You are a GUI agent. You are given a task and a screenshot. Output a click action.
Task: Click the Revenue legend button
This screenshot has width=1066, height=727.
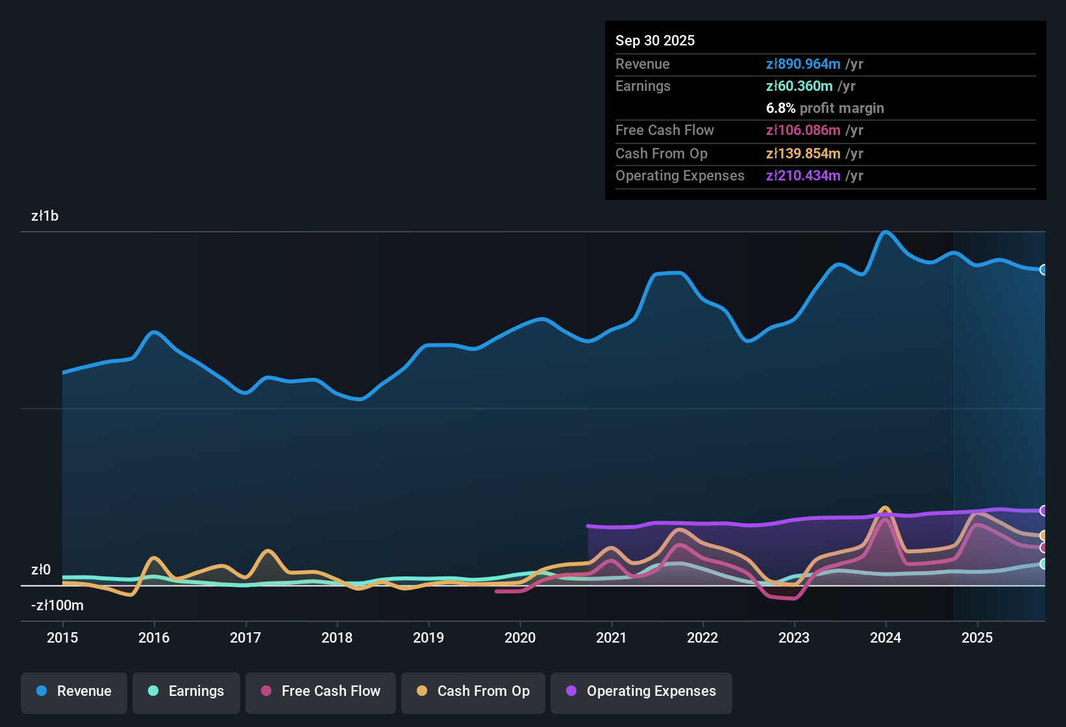(x=74, y=691)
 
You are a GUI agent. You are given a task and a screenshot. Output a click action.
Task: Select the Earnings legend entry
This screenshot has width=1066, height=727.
(x=186, y=691)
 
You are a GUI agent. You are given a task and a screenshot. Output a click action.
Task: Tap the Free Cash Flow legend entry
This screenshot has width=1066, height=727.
(x=320, y=691)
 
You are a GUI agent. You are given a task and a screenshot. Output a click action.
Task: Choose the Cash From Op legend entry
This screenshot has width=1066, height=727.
(x=473, y=691)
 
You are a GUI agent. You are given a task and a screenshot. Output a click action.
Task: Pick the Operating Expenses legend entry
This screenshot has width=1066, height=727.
(x=641, y=691)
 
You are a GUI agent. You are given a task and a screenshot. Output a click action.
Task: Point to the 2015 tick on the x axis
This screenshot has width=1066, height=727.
(x=62, y=637)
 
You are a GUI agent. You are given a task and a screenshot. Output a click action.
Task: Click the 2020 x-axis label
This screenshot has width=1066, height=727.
(x=520, y=637)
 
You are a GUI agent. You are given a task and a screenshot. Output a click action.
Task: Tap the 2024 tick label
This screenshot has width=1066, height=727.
(x=886, y=637)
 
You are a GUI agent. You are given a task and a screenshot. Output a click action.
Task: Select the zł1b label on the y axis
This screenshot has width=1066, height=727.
(x=45, y=216)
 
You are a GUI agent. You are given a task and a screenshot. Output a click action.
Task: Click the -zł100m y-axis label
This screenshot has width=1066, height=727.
(x=57, y=606)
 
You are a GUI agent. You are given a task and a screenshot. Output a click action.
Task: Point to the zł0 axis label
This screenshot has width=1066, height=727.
(x=41, y=570)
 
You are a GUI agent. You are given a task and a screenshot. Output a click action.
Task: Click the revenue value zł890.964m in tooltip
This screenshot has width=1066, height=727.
(x=803, y=64)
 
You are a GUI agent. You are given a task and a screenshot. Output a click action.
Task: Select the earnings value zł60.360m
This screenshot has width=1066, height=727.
(x=799, y=86)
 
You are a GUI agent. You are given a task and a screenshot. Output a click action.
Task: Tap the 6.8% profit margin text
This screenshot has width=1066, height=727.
(x=824, y=108)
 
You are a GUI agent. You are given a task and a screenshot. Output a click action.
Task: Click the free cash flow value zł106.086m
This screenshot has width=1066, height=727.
(x=803, y=130)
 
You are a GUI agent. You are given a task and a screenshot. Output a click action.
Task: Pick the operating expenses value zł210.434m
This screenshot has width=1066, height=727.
(x=803, y=176)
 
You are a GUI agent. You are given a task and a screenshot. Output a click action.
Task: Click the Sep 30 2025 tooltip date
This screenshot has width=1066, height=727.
(x=654, y=41)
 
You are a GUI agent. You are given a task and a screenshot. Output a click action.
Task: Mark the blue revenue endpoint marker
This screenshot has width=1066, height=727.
(x=1043, y=269)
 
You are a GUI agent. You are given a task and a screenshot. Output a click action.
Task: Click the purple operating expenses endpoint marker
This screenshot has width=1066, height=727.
(x=1043, y=511)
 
